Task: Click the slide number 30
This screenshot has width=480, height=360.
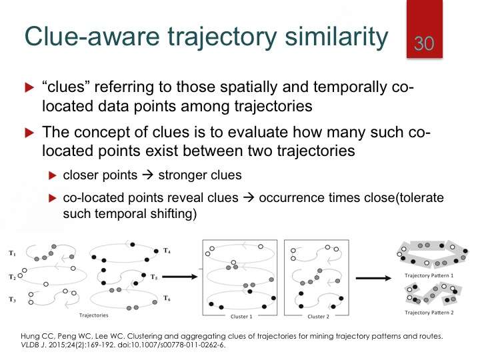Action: coord(424,43)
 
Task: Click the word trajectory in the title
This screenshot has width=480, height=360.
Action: coord(223,37)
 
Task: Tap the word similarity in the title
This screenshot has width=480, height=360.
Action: coord(337,37)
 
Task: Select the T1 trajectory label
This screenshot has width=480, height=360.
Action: coord(12,253)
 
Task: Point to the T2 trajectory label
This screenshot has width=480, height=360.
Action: coord(12,277)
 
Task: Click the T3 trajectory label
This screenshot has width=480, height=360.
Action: coord(12,299)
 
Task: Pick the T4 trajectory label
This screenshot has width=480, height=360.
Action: coord(167,251)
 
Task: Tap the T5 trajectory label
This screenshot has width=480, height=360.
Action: coord(154,277)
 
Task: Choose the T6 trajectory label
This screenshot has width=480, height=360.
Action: coord(167,298)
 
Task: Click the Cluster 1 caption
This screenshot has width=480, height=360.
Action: coord(241,317)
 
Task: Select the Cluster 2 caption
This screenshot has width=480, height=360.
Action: coord(319,317)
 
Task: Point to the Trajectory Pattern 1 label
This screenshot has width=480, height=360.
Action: coord(429,275)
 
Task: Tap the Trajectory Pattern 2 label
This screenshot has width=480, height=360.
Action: coord(429,313)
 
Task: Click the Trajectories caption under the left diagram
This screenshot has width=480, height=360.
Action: coord(94,315)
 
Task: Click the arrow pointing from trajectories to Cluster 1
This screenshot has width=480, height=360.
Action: coord(180,277)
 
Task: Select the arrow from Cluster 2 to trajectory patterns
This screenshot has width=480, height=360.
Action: coord(373,278)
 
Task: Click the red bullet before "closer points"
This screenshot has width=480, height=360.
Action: coord(53,175)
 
